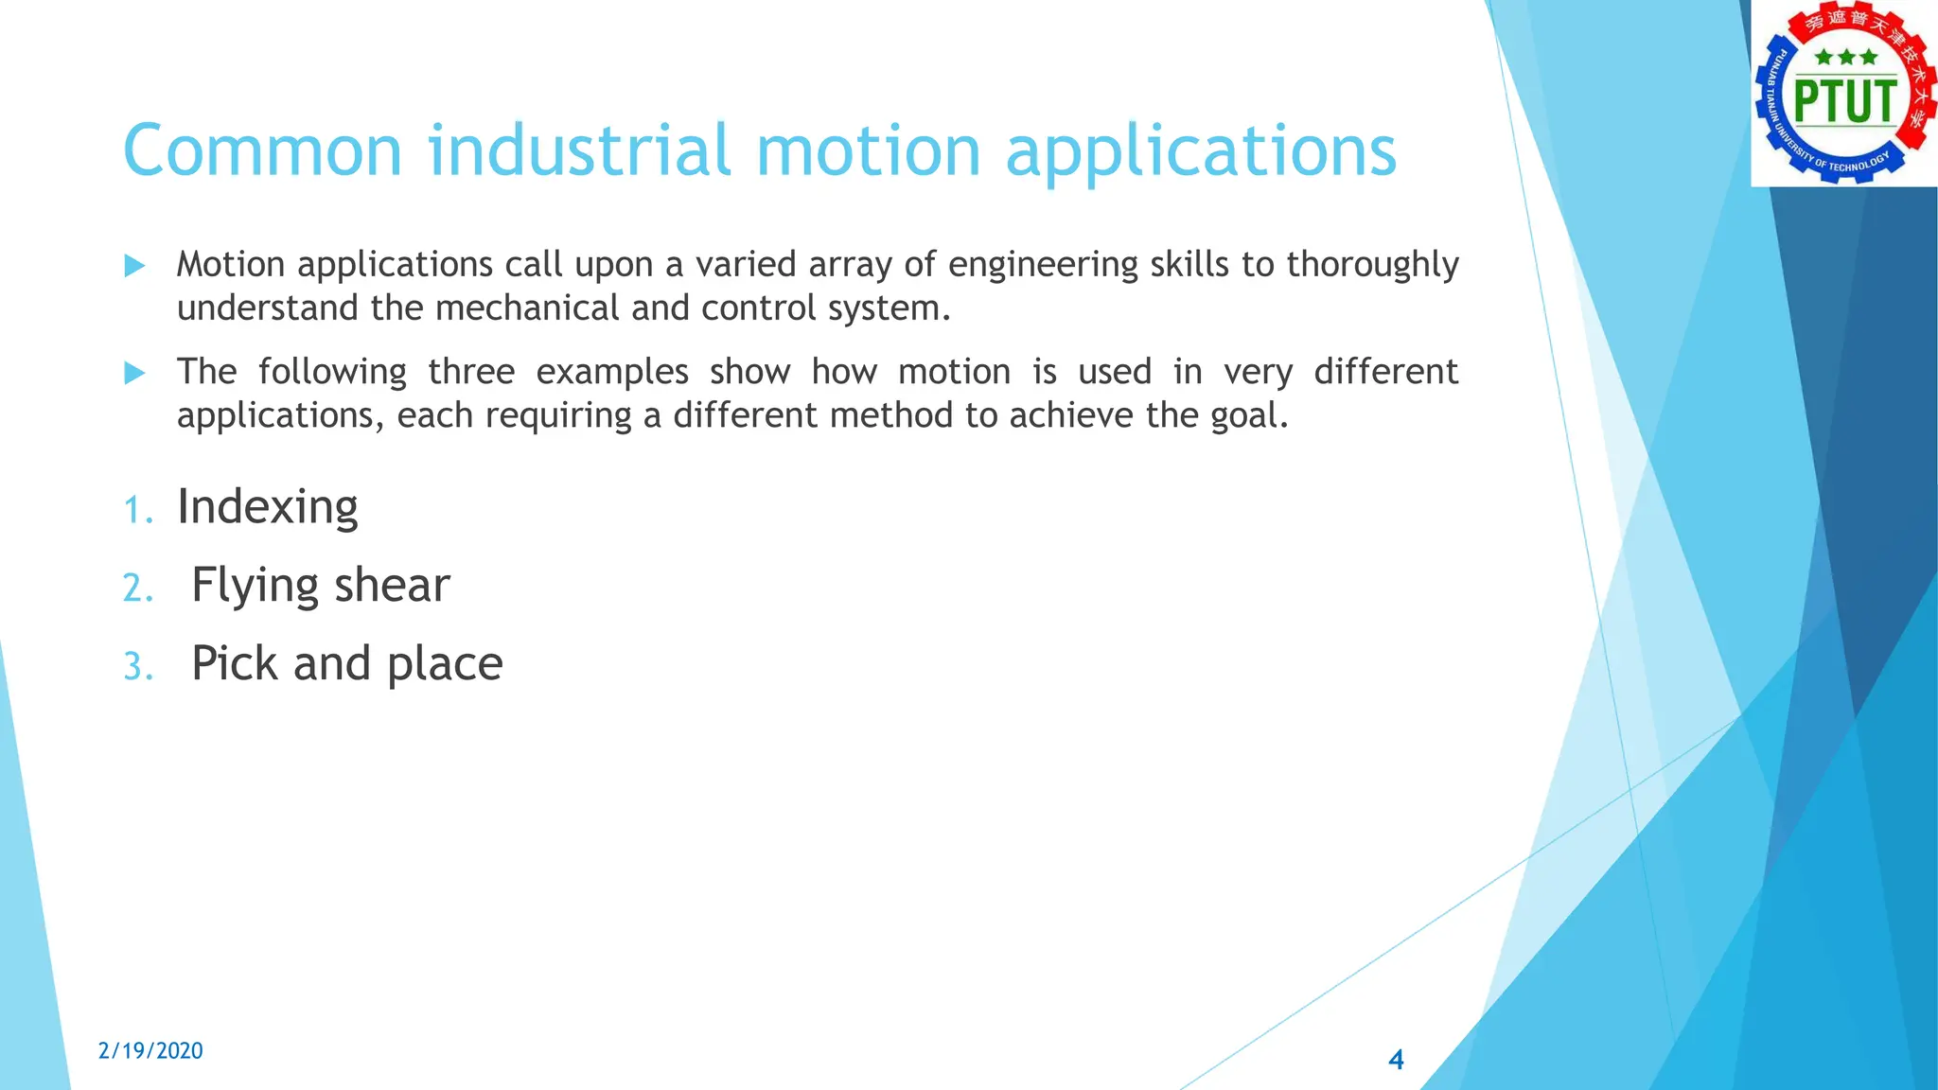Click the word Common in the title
click(263, 151)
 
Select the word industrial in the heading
click(579, 151)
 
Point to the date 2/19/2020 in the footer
click(150, 1050)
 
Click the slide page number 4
click(1396, 1060)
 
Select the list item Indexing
click(267, 507)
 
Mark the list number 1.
click(137, 511)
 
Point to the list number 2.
click(137, 589)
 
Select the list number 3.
click(137, 667)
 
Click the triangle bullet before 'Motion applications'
click(134, 266)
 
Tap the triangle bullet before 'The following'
click(134, 374)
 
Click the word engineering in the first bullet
click(1043, 265)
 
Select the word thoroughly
click(1372, 265)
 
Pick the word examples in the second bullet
click(611, 372)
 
